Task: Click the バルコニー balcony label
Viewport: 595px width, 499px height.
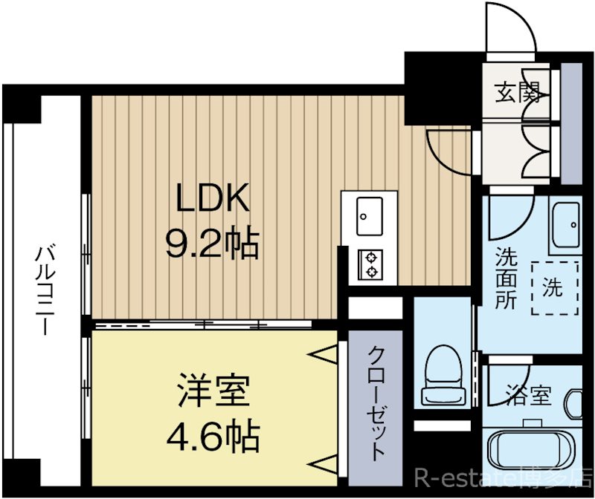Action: [45, 289]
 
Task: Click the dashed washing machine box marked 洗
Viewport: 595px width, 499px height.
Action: [555, 287]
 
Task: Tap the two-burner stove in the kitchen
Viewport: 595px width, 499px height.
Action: [370, 264]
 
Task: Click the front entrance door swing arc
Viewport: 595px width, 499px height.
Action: [509, 30]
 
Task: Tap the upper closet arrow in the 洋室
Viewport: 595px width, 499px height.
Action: [324, 356]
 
